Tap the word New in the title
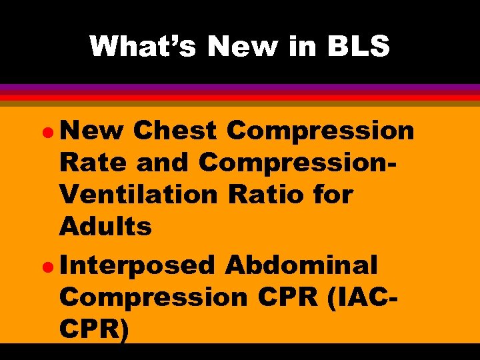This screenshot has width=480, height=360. [x=230, y=46]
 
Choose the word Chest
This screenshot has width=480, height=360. [x=175, y=131]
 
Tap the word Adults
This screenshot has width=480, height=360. [x=105, y=227]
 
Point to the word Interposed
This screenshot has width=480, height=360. [x=136, y=265]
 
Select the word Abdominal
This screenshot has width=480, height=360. [x=301, y=265]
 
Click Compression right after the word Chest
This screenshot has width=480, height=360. [x=321, y=131]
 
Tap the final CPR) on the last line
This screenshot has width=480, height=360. [x=93, y=329]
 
